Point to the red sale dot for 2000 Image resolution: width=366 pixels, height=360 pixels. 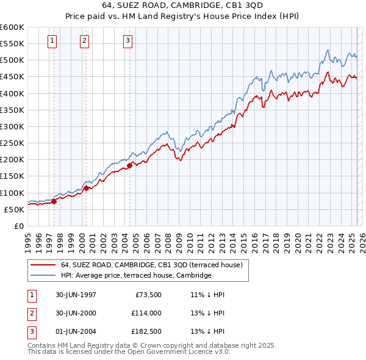point(86,188)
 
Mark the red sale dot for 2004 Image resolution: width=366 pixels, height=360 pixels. point(130,165)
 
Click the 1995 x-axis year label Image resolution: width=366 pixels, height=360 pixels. point(28,240)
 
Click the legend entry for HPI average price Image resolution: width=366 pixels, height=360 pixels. point(135,275)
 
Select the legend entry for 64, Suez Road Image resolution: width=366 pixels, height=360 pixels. point(152,265)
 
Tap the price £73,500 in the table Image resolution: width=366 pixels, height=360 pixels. point(147,295)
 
